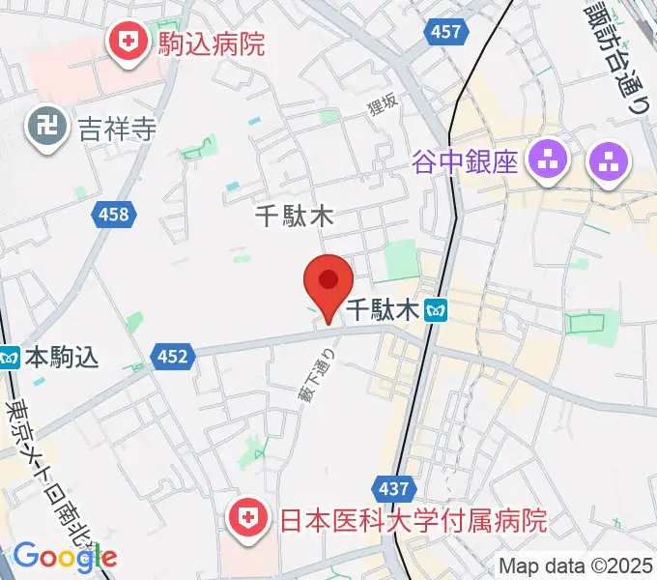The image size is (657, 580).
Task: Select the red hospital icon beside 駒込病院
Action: click(x=126, y=42)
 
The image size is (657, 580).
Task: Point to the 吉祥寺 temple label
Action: click(x=118, y=127)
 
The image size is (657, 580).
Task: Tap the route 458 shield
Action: click(x=113, y=215)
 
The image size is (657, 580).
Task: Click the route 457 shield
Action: click(x=445, y=32)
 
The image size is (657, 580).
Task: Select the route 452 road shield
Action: click(x=172, y=358)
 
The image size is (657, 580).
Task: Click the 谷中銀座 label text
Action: click(x=466, y=159)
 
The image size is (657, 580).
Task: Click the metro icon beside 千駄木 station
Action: click(x=438, y=310)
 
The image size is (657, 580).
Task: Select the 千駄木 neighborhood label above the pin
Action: click(x=295, y=216)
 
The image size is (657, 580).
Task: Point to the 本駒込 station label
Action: click(x=62, y=358)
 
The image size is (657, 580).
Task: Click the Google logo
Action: click(x=65, y=557)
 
